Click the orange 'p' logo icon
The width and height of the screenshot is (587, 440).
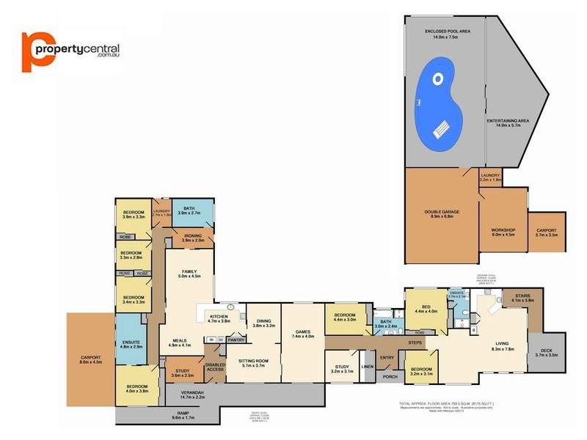[34, 51]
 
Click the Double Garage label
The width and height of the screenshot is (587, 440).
[442, 214]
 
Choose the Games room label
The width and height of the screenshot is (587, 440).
[302, 334]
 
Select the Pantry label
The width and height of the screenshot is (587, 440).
[236, 340]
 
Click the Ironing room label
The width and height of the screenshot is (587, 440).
[192, 238]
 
